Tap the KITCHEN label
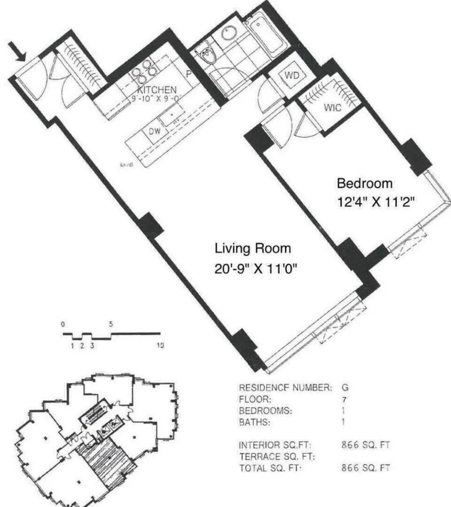(157, 90)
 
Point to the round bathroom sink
(230, 32)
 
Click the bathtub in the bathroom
(265, 34)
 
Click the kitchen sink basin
(171, 113)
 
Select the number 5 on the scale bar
(111, 324)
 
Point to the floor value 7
(345, 399)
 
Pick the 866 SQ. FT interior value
(365, 445)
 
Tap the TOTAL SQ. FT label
(270, 468)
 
